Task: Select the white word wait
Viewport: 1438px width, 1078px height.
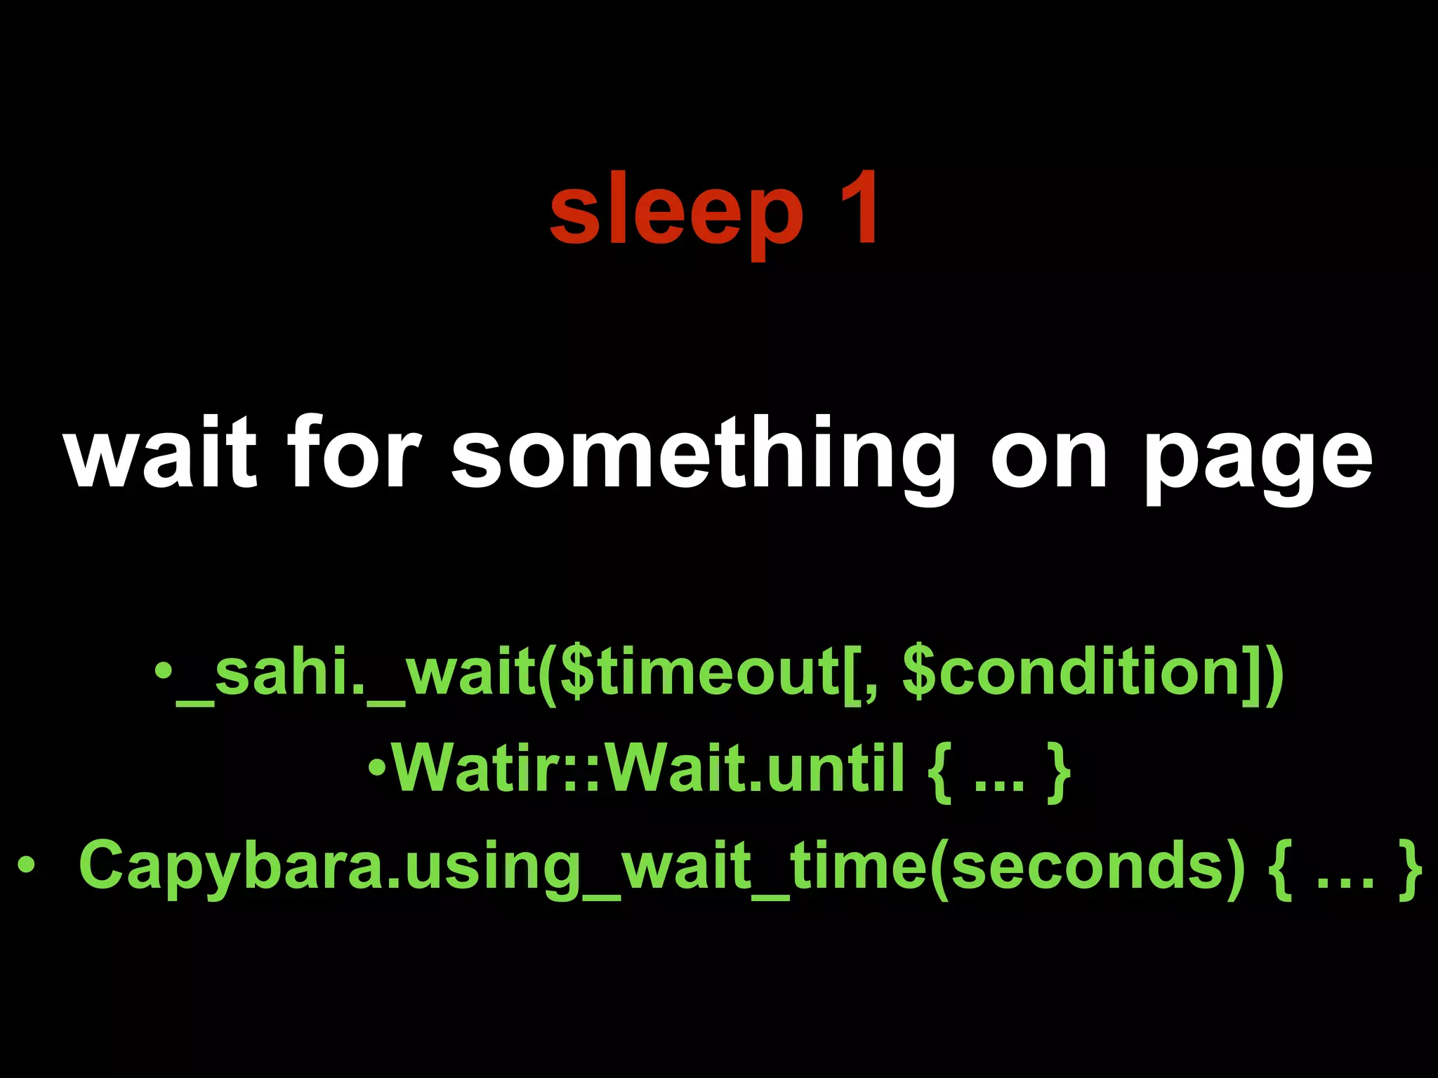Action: pyautogui.click(x=161, y=452)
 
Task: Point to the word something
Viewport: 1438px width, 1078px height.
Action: pyautogui.click(x=704, y=456)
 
